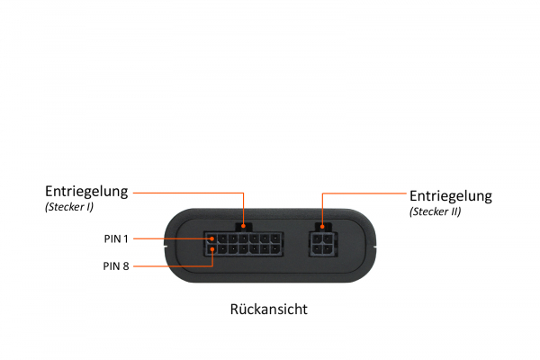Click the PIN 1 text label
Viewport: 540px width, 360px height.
pyautogui.click(x=116, y=238)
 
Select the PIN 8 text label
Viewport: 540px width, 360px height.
pyautogui.click(x=116, y=265)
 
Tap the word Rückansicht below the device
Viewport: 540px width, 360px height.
pyautogui.click(x=270, y=310)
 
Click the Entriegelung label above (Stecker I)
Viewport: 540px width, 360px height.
pyautogui.click(x=86, y=192)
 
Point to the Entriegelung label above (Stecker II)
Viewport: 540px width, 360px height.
pyautogui.click(x=451, y=195)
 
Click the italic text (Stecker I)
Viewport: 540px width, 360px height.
pyautogui.click(x=68, y=208)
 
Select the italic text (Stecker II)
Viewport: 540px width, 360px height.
pyautogui.click(x=435, y=212)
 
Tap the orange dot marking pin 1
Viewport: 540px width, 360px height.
pyautogui.click(x=211, y=238)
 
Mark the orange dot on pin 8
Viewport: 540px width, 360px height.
pyautogui.click(x=211, y=248)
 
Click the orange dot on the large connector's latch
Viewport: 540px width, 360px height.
pyautogui.click(x=243, y=226)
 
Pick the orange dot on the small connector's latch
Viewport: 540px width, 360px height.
pyautogui.click(x=322, y=226)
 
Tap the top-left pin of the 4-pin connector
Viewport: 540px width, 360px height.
pyautogui.click(x=318, y=238)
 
